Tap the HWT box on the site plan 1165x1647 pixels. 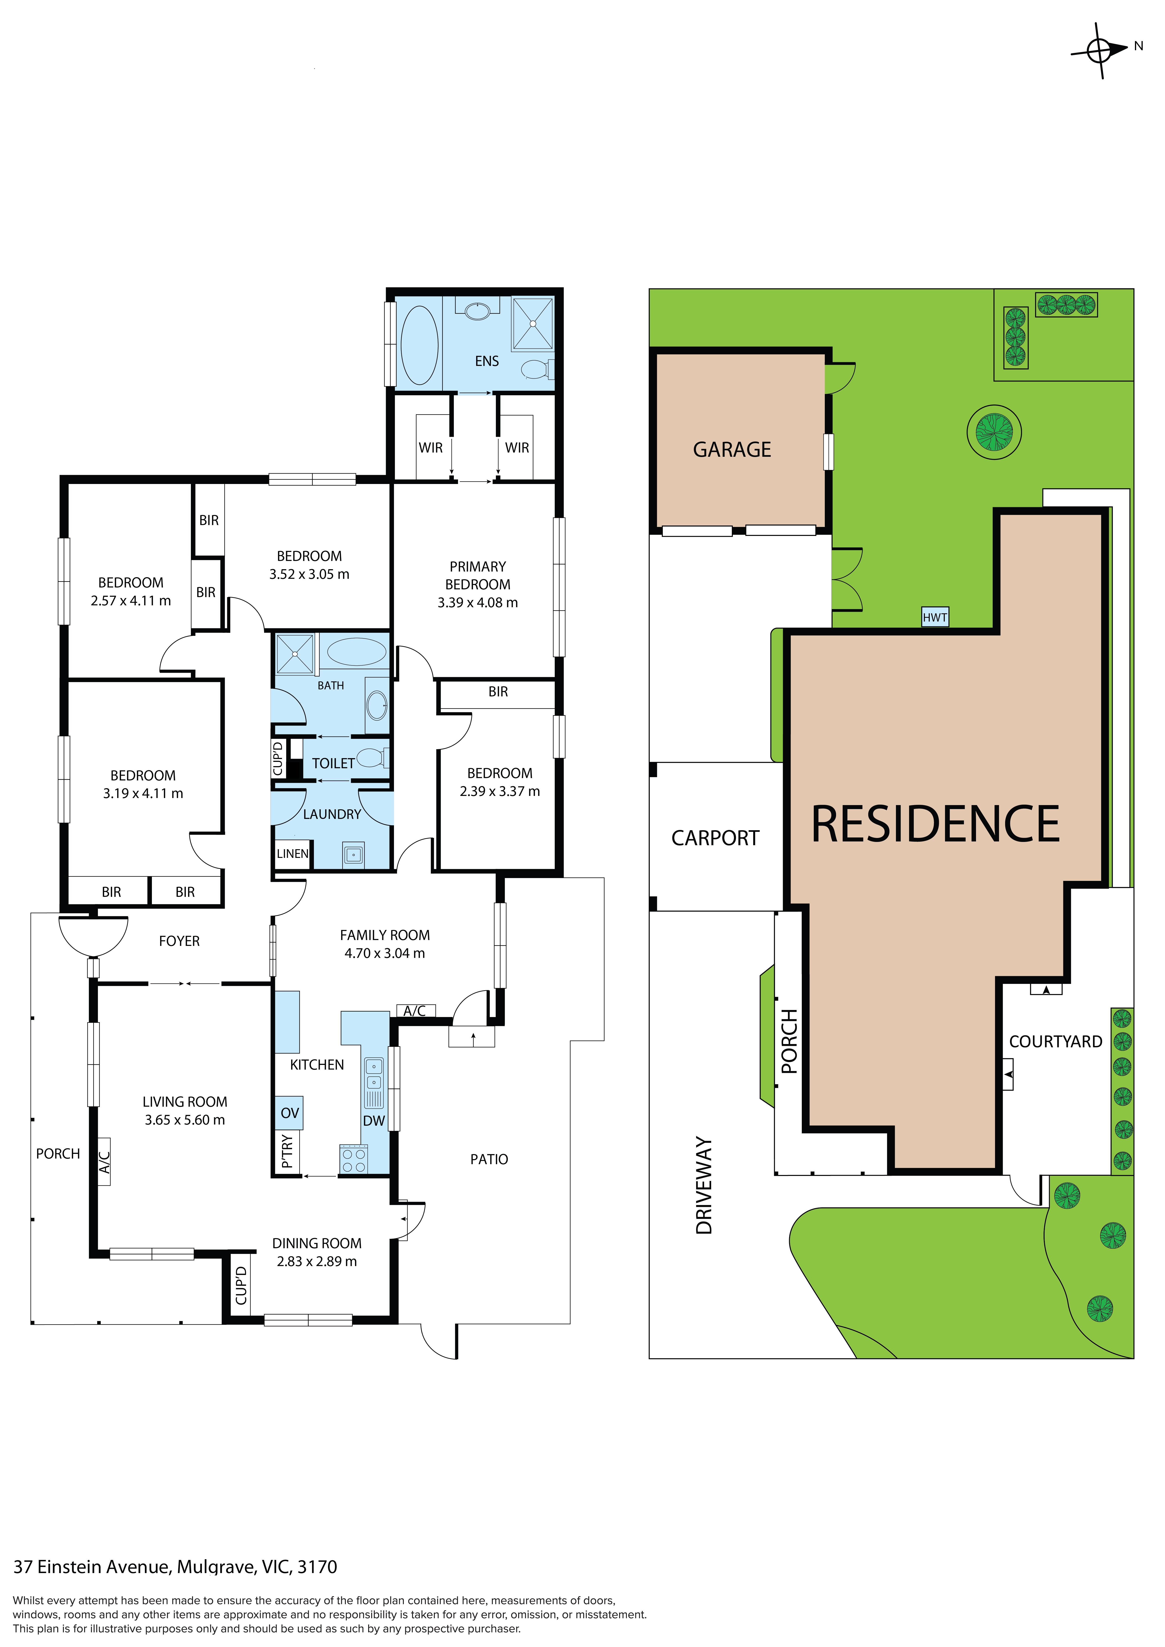click(935, 617)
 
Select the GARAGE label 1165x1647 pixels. click(732, 450)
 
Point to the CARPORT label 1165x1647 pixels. click(715, 838)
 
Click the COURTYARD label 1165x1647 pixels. click(1055, 1042)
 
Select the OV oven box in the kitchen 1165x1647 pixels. click(289, 1113)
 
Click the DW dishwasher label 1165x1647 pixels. click(374, 1121)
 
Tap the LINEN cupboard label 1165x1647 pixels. click(293, 854)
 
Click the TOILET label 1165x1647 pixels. click(333, 763)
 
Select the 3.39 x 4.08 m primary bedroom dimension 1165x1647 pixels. click(478, 603)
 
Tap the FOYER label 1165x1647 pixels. click(179, 941)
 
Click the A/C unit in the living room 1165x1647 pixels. click(104, 1162)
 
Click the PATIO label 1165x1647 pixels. click(489, 1159)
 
